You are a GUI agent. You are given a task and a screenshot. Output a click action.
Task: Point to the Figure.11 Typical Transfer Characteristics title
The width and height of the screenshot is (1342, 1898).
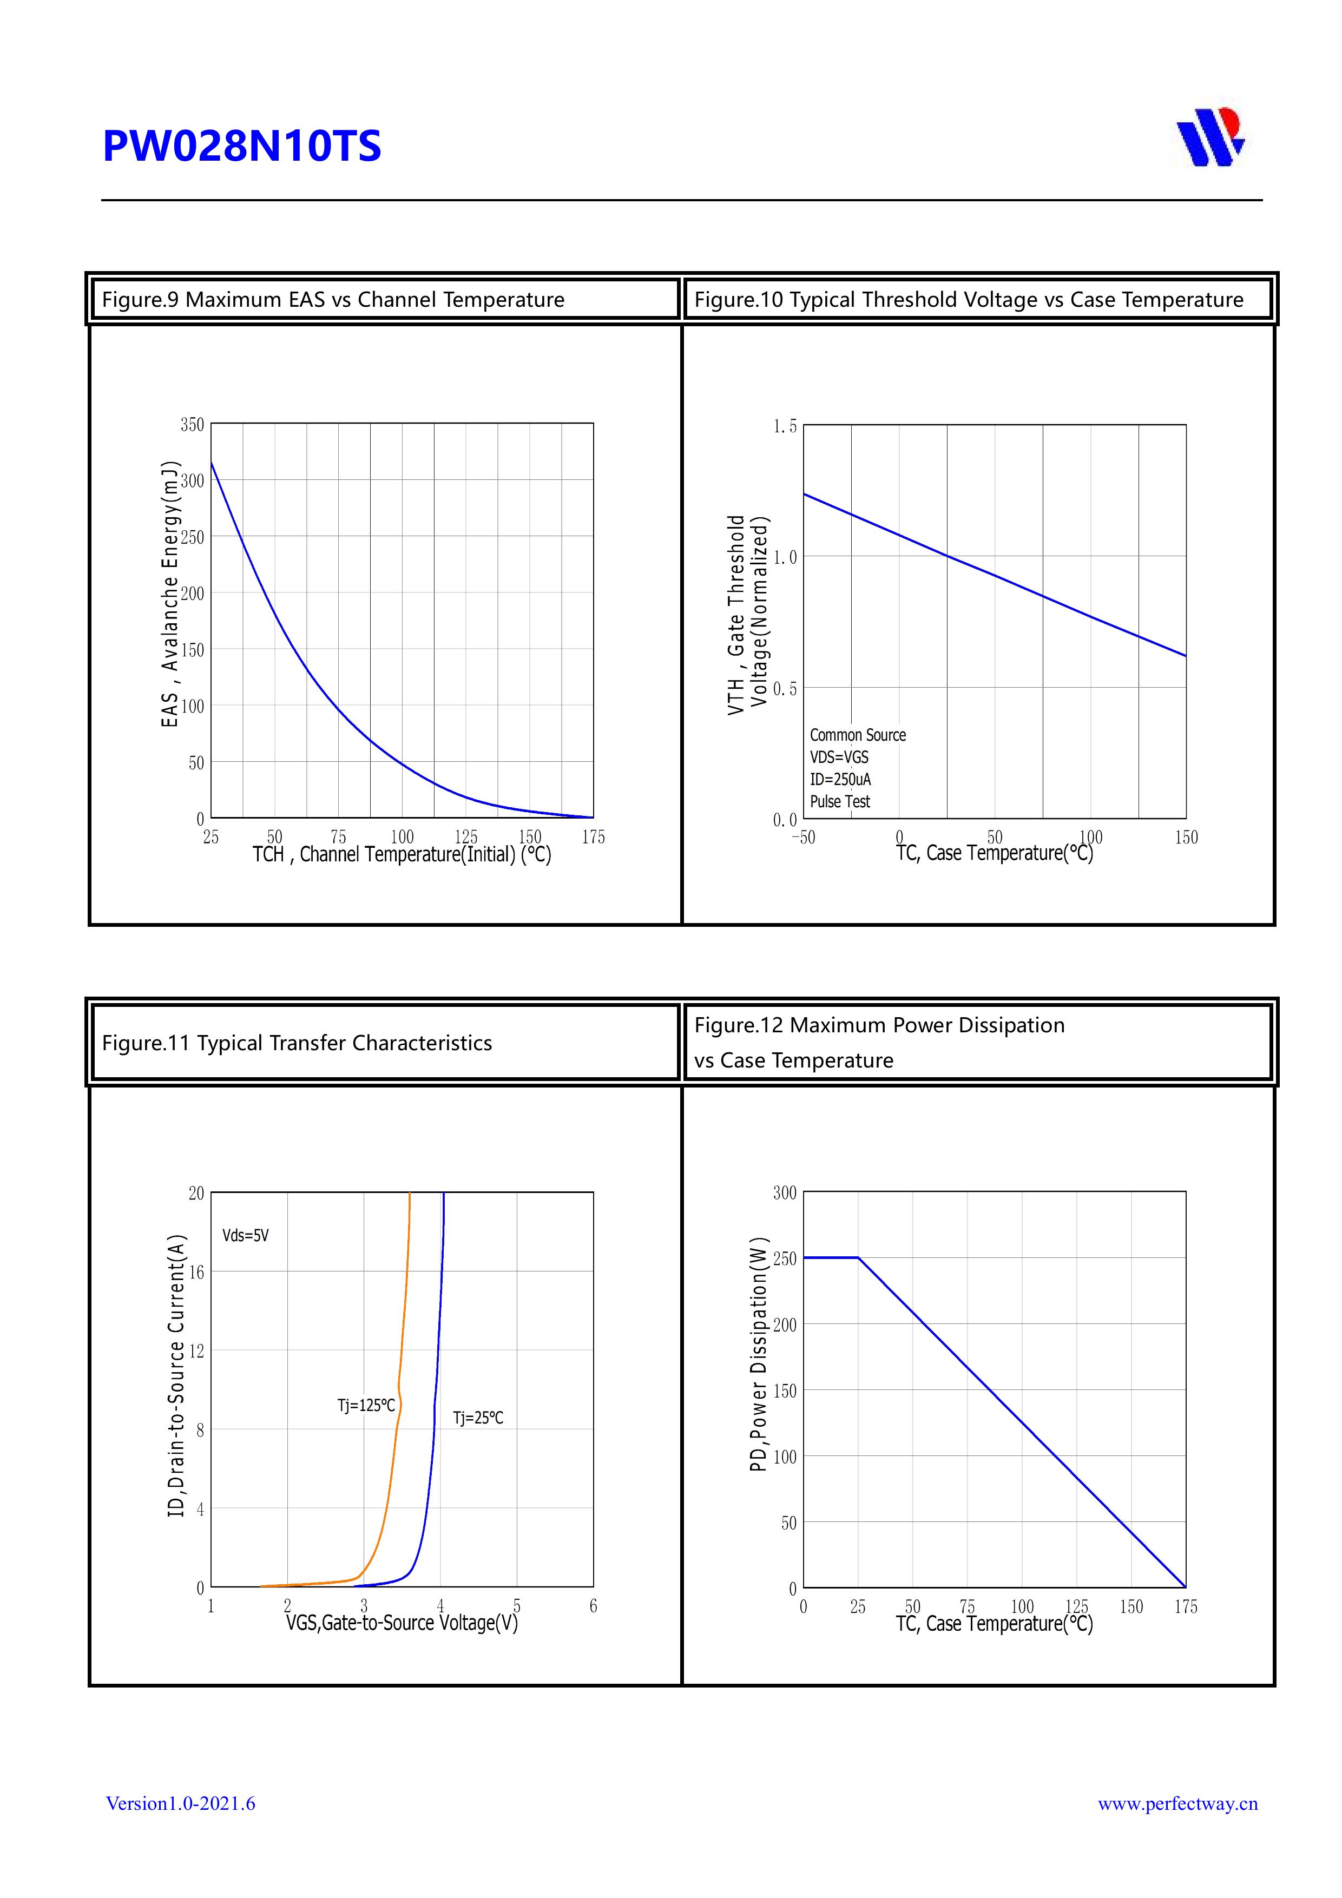297,1043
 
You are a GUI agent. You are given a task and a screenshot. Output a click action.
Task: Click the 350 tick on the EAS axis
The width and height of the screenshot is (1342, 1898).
192,424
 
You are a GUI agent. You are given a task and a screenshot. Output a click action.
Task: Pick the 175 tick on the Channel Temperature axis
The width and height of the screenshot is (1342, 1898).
593,838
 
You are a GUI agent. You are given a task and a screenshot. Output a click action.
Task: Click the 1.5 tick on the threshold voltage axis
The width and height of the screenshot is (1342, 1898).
785,426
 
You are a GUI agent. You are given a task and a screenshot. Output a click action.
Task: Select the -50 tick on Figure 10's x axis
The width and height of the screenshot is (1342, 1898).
803,838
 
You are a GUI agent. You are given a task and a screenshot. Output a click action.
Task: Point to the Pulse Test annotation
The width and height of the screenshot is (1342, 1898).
840,801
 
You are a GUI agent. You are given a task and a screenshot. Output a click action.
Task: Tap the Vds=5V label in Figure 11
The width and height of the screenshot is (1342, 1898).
246,1235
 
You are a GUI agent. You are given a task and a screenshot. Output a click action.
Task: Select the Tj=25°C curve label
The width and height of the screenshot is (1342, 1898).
478,1418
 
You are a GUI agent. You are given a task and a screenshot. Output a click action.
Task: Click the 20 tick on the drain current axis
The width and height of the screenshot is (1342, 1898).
196,1193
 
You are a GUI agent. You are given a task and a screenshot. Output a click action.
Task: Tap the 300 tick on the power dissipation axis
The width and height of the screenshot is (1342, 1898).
785,1193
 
